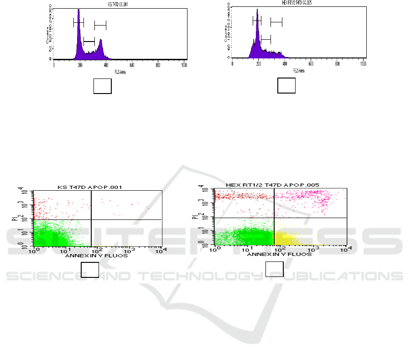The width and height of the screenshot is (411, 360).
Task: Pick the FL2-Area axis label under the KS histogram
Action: click(120, 71)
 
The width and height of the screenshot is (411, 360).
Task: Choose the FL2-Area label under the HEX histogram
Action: click(299, 70)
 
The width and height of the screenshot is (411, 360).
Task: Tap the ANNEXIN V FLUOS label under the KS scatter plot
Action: click(97, 256)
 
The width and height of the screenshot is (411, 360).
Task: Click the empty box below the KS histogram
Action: click(103, 86)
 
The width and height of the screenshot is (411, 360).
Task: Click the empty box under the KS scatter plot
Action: click(90, 270)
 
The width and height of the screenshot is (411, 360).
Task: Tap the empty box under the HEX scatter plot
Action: click(274, 270)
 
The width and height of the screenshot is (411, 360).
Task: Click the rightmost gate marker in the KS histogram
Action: click(100, 25)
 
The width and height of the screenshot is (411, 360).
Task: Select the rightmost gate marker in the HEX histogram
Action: click(276, 22)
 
